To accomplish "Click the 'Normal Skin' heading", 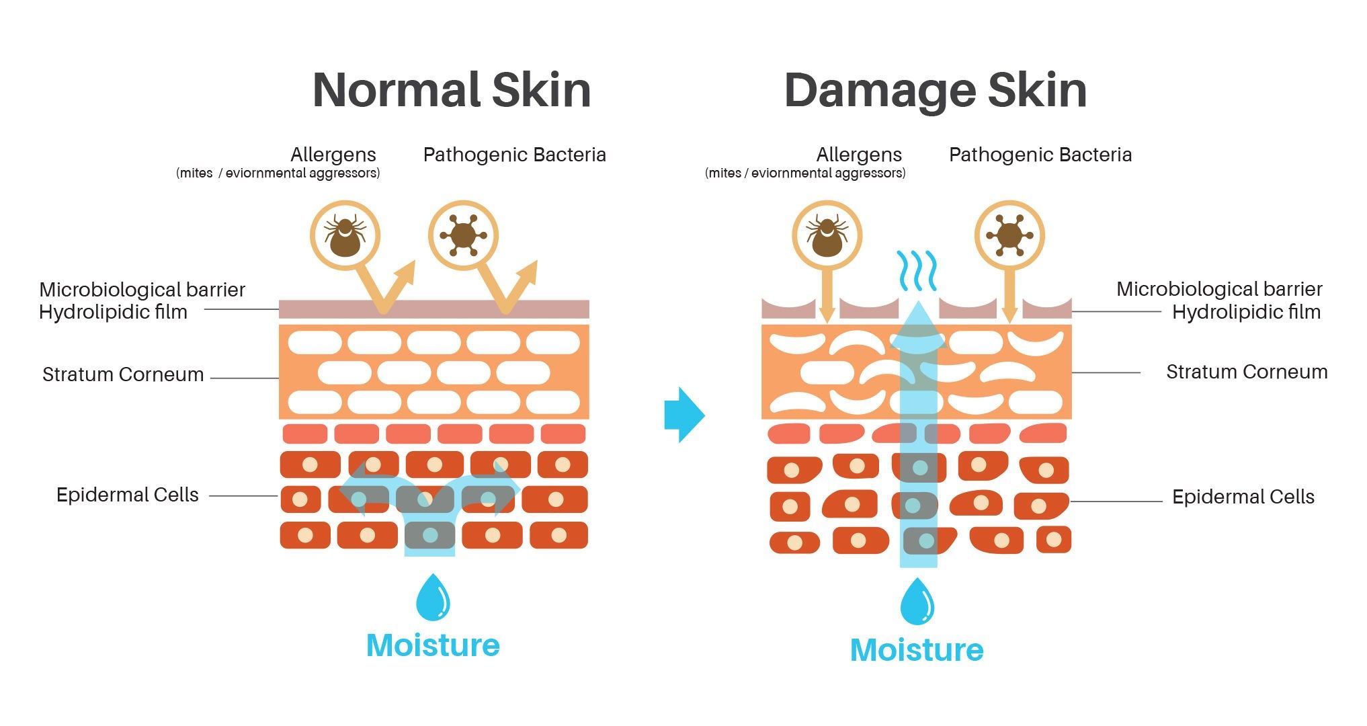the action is pos(452,90).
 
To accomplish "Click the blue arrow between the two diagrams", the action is pos(684,415).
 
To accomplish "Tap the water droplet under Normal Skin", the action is pos(433,597).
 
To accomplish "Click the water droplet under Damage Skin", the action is pos(917,601).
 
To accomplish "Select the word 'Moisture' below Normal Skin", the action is pos(433,645).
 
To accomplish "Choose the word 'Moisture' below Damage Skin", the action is pos(917,650).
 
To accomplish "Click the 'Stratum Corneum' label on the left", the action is pos(123,374).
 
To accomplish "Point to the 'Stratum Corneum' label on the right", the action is pos(1247,372).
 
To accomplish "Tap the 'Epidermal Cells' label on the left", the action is pos(128,495).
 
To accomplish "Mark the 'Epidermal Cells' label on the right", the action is pos(1243,497).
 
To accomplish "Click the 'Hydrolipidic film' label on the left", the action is pos(113,313).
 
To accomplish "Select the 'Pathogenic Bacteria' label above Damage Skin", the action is pos(1040,155).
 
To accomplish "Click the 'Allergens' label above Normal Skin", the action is pos(333,155).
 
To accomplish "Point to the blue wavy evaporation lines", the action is pos(917,270).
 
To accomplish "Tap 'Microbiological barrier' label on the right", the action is pos(1219,289).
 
